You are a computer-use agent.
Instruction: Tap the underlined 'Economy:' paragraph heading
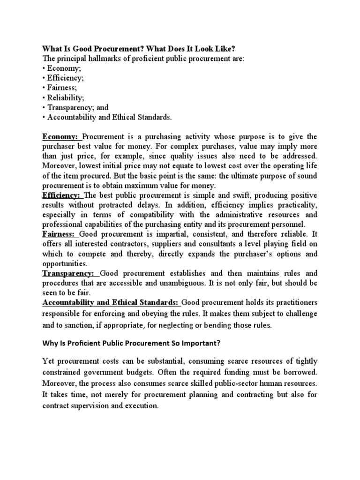(x=61, y=136)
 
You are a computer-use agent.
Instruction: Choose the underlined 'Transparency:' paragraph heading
(x=68, y=273)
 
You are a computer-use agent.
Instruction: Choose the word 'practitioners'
(x=291, y=302)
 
